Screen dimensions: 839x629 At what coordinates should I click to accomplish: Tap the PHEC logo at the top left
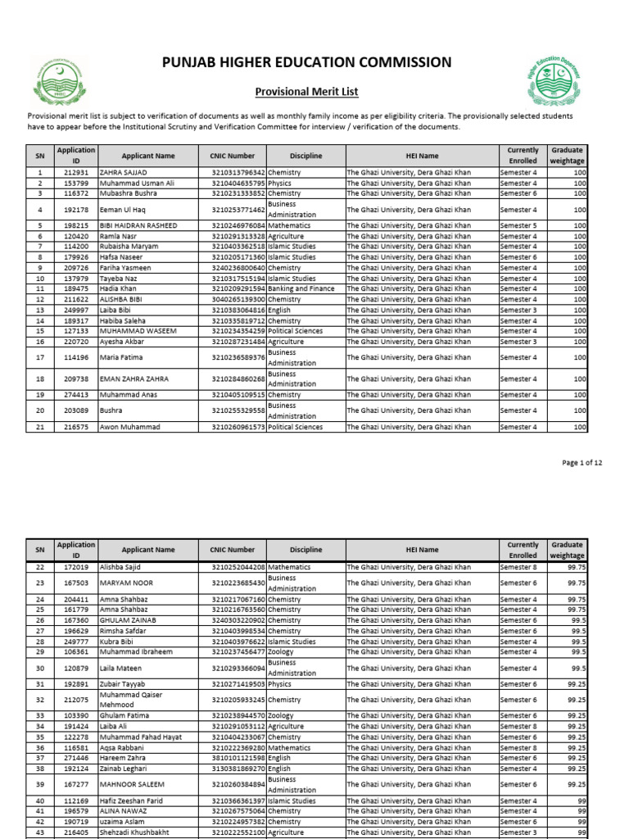click(57, 79)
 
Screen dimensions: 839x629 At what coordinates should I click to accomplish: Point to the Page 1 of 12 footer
click(581, 463)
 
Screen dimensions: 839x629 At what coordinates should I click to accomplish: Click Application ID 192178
click(75, 210)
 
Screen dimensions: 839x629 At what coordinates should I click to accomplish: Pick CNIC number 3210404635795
click(238, 184)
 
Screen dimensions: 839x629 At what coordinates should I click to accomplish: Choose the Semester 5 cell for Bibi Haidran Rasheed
click(518, 225)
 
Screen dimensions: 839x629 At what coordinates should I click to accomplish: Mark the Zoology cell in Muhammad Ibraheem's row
click(282, 652)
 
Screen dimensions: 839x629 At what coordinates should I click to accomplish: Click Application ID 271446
click(75, 758)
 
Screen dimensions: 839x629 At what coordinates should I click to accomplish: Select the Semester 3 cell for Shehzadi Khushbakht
click(518, 832)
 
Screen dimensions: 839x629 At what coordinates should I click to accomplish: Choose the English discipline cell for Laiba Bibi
click(280, 311)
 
